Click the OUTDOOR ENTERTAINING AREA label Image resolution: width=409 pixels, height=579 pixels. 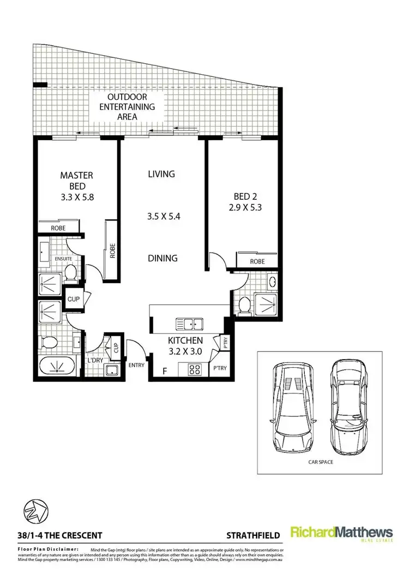click(126, 107)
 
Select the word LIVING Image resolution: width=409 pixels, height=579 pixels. click(161, 174)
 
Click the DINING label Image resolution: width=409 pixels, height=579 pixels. click(162, 258)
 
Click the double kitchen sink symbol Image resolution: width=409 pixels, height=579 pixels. click(189, 324)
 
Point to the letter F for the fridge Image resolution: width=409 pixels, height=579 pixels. click(165, 372)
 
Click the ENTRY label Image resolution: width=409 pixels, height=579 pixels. click(136, 365)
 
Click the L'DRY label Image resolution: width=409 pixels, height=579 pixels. click(95, 361)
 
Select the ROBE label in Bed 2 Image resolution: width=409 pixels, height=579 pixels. click(257, 261)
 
